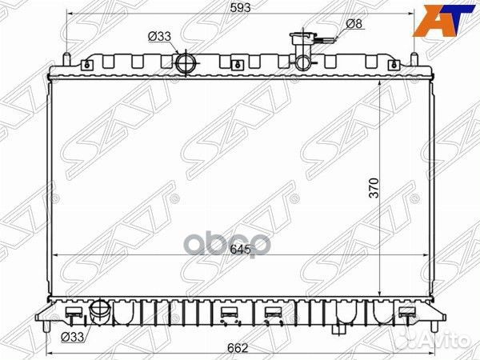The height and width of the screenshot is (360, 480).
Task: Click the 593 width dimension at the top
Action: tap(240, 8)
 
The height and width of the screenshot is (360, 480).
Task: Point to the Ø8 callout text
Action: tap(354, 23)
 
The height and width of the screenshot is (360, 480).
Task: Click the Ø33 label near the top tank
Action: tap(159, 35)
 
